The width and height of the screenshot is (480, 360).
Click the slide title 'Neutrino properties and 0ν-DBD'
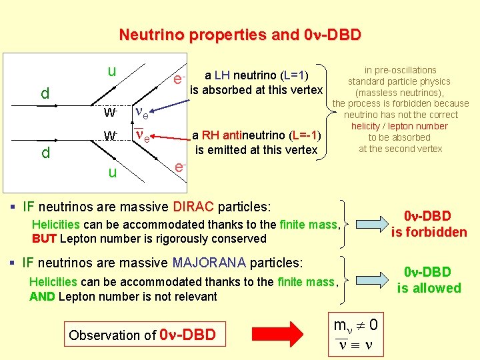(x=239, y=35)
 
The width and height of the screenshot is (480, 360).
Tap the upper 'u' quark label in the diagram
(x=112, y=71)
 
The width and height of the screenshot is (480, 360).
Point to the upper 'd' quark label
(x=45, y=93)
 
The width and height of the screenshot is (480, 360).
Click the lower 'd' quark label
(x=45, y=153)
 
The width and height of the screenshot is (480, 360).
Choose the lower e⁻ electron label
(x=179, y=167)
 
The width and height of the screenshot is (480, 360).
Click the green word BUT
(x=43, y=239)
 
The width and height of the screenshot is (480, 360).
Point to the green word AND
(x=42, y=296)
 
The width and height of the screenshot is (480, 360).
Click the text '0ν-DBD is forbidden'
(x=429, y=224)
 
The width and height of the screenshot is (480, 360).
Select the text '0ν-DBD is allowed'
(x=429, y=280)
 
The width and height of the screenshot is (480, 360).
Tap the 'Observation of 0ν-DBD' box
(x=142, y=335)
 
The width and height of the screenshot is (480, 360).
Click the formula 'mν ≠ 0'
(x=356, y=325)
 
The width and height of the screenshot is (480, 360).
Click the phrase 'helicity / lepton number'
(x=399, y=126)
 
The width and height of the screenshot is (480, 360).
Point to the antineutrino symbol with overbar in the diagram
(x=142, y=136)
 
